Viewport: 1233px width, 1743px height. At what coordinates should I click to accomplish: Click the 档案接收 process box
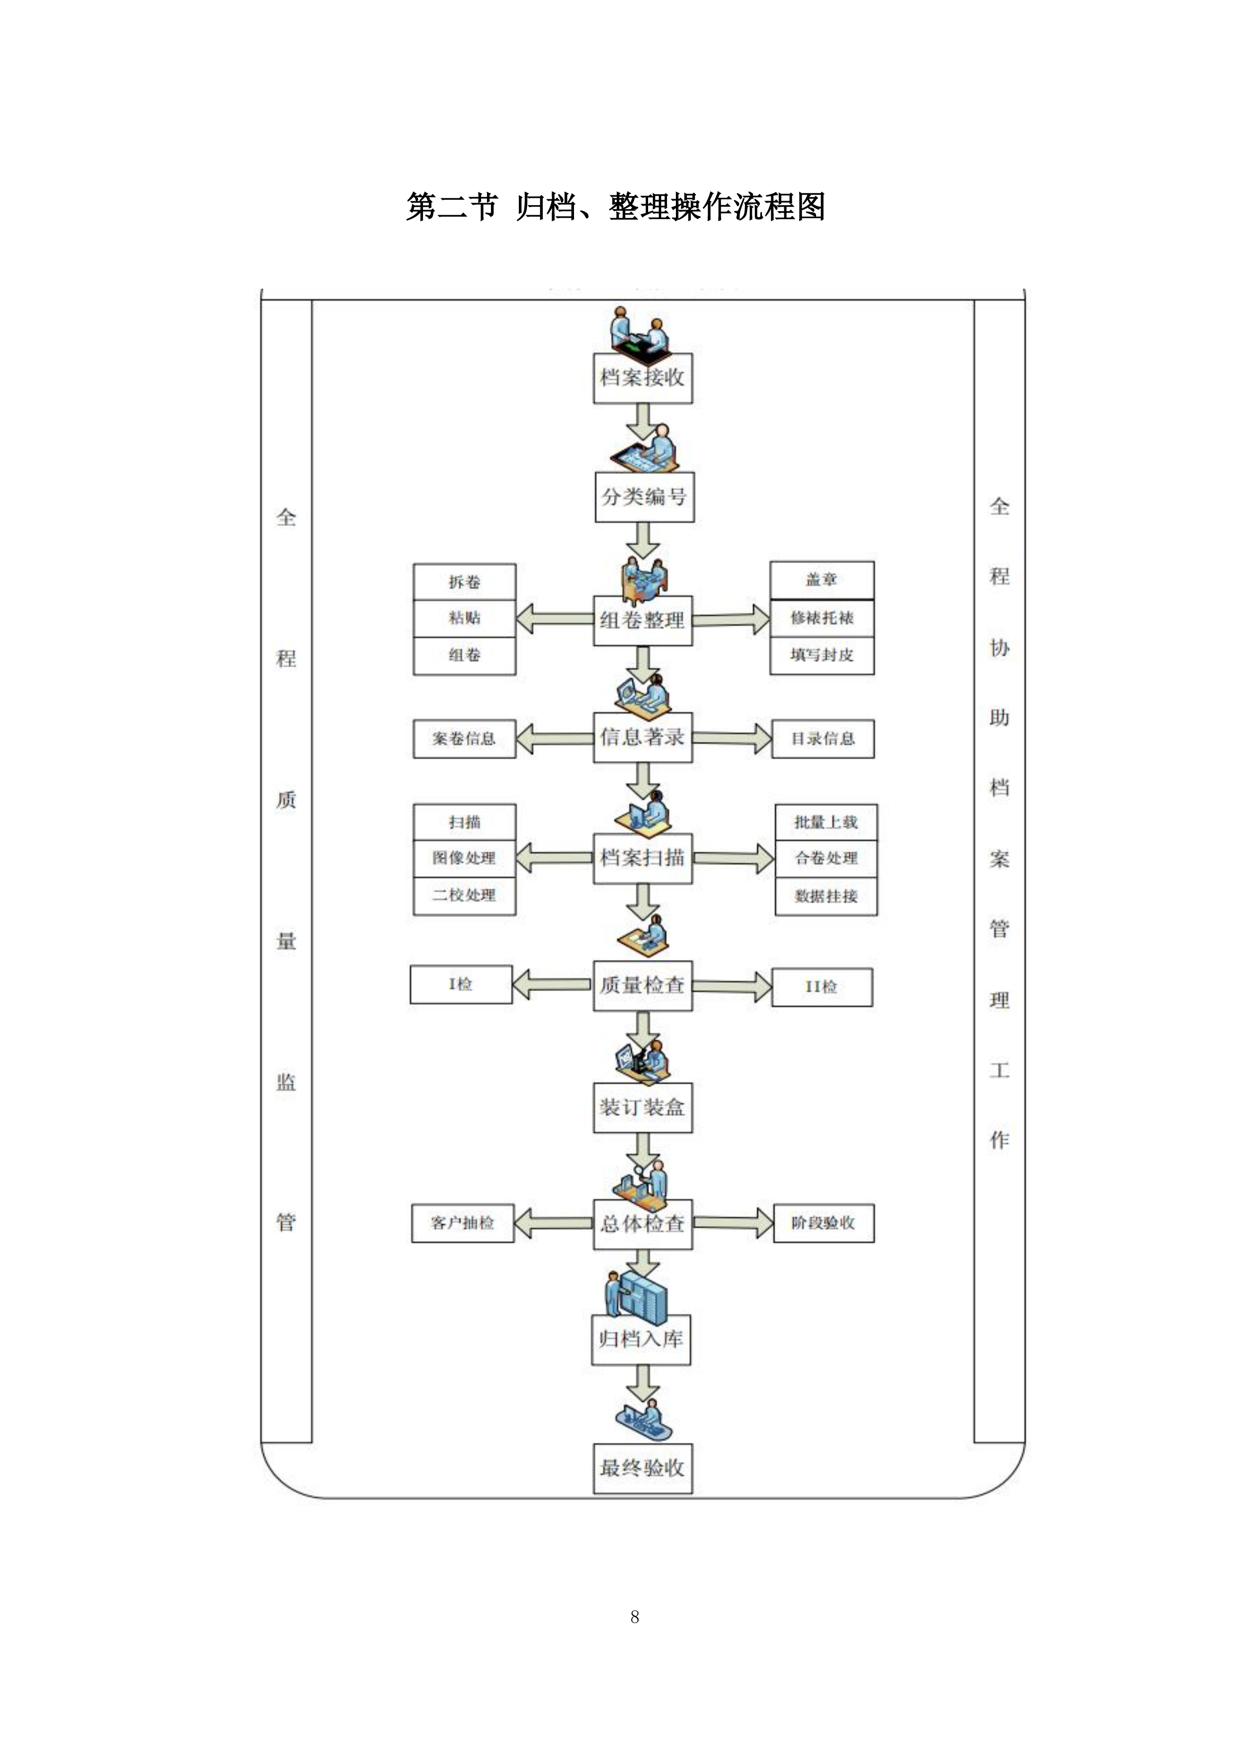coord(642,377)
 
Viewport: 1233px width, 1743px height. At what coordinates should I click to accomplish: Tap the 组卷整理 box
coord(642,620)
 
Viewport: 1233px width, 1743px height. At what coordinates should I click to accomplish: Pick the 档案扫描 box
coord(642,857)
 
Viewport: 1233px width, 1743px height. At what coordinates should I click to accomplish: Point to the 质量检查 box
coord(642,985)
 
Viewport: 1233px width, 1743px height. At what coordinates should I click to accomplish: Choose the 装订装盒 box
coord(642,1107)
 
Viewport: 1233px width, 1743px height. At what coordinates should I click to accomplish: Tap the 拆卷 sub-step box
coord(464,581)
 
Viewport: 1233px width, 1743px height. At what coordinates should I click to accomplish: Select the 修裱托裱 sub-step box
coord(822,618)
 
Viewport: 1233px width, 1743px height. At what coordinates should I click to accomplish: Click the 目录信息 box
coord(822,739)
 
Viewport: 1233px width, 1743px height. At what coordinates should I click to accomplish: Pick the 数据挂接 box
coord(825,896)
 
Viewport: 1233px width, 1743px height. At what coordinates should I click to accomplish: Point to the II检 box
coord(822,987)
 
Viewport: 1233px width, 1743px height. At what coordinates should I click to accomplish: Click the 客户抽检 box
coord(462,1222)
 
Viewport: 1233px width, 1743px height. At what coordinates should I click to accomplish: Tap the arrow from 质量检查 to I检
coord(551,985)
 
